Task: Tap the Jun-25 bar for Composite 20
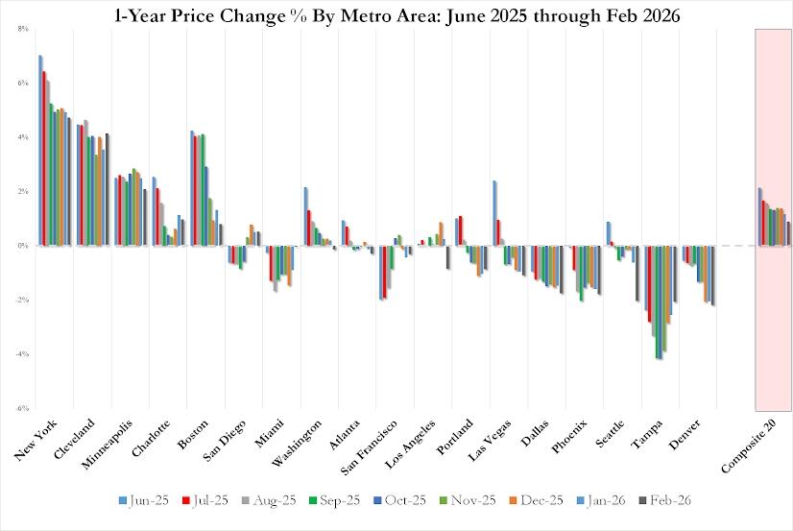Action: coord(759,216)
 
